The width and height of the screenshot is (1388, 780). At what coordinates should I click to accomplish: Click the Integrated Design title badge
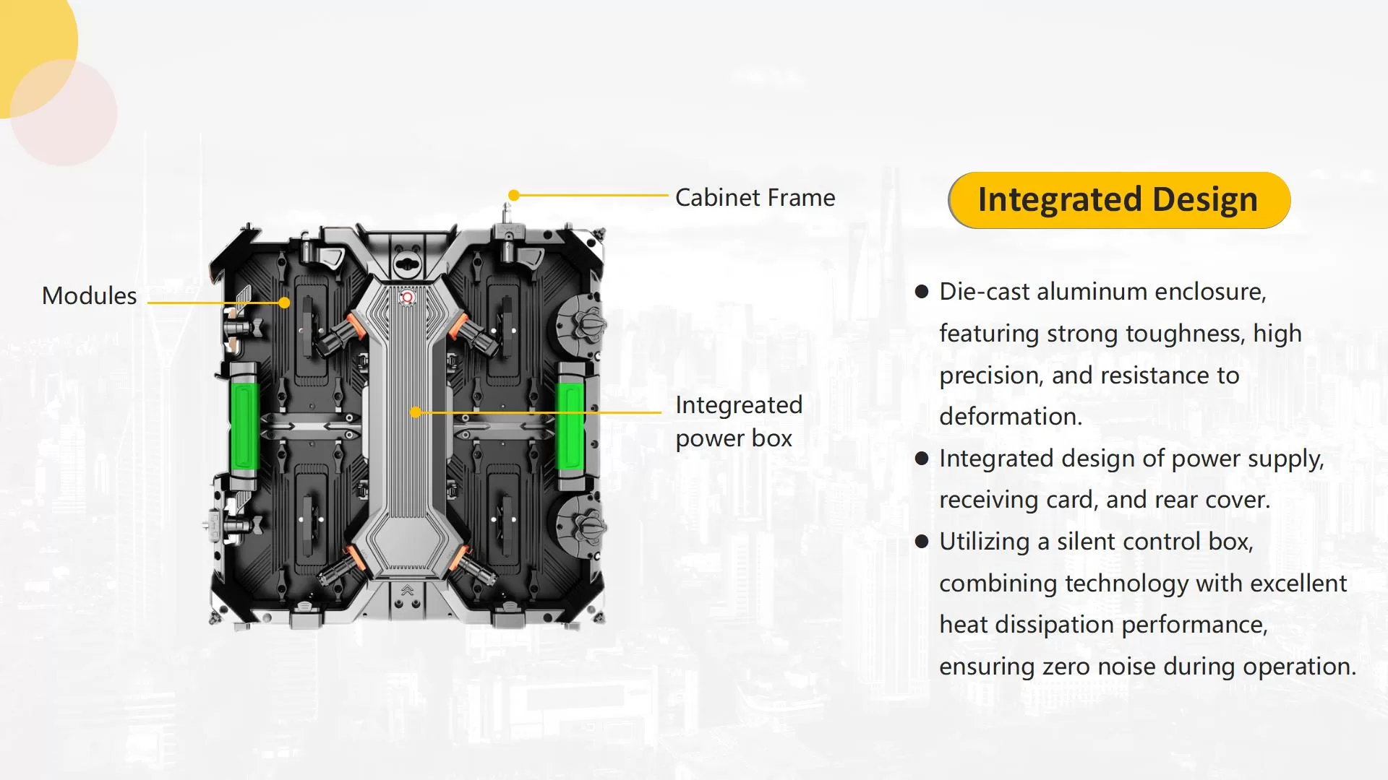tap(1118, 200)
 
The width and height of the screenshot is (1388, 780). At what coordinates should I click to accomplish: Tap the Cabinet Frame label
tap(755, 197)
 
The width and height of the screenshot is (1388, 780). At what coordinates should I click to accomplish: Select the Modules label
tap(89, 295)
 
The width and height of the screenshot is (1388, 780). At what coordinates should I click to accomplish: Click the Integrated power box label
tap(737, 421)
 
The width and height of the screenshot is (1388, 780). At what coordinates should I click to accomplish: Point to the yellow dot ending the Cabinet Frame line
tap(513, 195)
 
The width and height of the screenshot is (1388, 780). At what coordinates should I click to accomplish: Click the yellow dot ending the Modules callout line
tap(285, 303)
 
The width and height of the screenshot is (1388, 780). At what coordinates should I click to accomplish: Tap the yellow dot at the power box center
tap(415, 412)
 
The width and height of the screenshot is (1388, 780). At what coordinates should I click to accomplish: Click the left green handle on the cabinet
tap(244, 425)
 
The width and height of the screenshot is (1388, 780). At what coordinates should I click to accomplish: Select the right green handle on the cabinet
tap(570, 425)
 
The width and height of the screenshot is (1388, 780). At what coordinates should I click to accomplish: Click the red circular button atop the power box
tap(407, 297)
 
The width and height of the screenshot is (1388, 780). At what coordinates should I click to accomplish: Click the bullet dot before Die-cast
tap(921, 292)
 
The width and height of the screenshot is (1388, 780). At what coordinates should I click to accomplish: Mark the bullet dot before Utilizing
tap(921, 542)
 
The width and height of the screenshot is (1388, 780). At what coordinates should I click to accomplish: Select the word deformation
tap(1010, 417)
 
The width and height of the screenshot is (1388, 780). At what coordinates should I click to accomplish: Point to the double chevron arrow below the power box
tap(407, 590)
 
